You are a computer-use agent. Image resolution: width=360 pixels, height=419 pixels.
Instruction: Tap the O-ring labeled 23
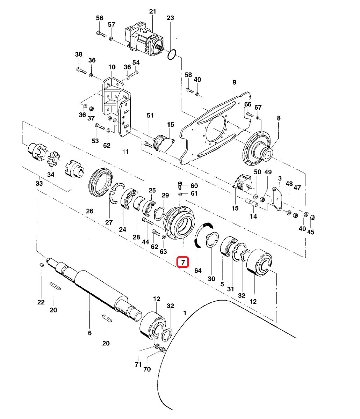(171, 54)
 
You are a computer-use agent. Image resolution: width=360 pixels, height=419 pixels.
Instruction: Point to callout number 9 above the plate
(234, 82)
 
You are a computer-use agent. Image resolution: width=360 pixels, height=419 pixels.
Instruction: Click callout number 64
(198, 270)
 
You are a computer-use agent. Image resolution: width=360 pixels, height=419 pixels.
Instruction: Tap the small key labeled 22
(41, 265)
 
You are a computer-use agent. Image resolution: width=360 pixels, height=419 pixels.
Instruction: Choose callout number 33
(39, 183)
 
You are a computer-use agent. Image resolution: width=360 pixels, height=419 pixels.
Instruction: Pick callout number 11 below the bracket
(125, 152)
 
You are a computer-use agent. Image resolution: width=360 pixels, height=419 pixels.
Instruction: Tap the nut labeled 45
(313, 218)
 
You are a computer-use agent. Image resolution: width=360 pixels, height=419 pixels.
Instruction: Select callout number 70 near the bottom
(147, 369)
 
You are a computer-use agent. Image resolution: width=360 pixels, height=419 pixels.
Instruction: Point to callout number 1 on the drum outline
(185, 313)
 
